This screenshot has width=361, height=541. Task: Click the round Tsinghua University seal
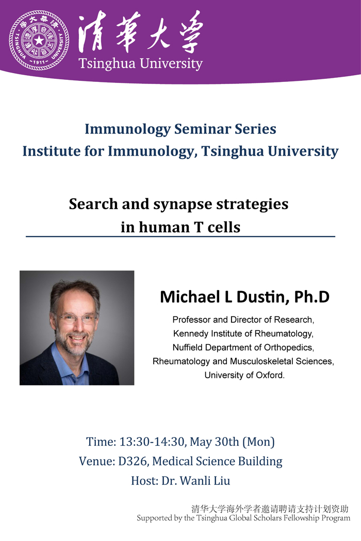[x=39, y=40]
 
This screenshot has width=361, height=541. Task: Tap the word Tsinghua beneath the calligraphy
[x=107, y=64]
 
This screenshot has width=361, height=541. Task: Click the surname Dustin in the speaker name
[x=262, y=297]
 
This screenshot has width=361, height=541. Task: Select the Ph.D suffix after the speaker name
[x=311, y=297]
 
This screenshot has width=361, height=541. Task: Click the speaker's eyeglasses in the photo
[x=75, y=319]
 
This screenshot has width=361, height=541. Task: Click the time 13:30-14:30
[x=152, y=442]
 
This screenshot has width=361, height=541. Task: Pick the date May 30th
[x=214, y=442]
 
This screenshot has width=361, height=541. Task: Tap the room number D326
[x=134, y=461]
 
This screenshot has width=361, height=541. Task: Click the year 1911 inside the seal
[x=39, y=62]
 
